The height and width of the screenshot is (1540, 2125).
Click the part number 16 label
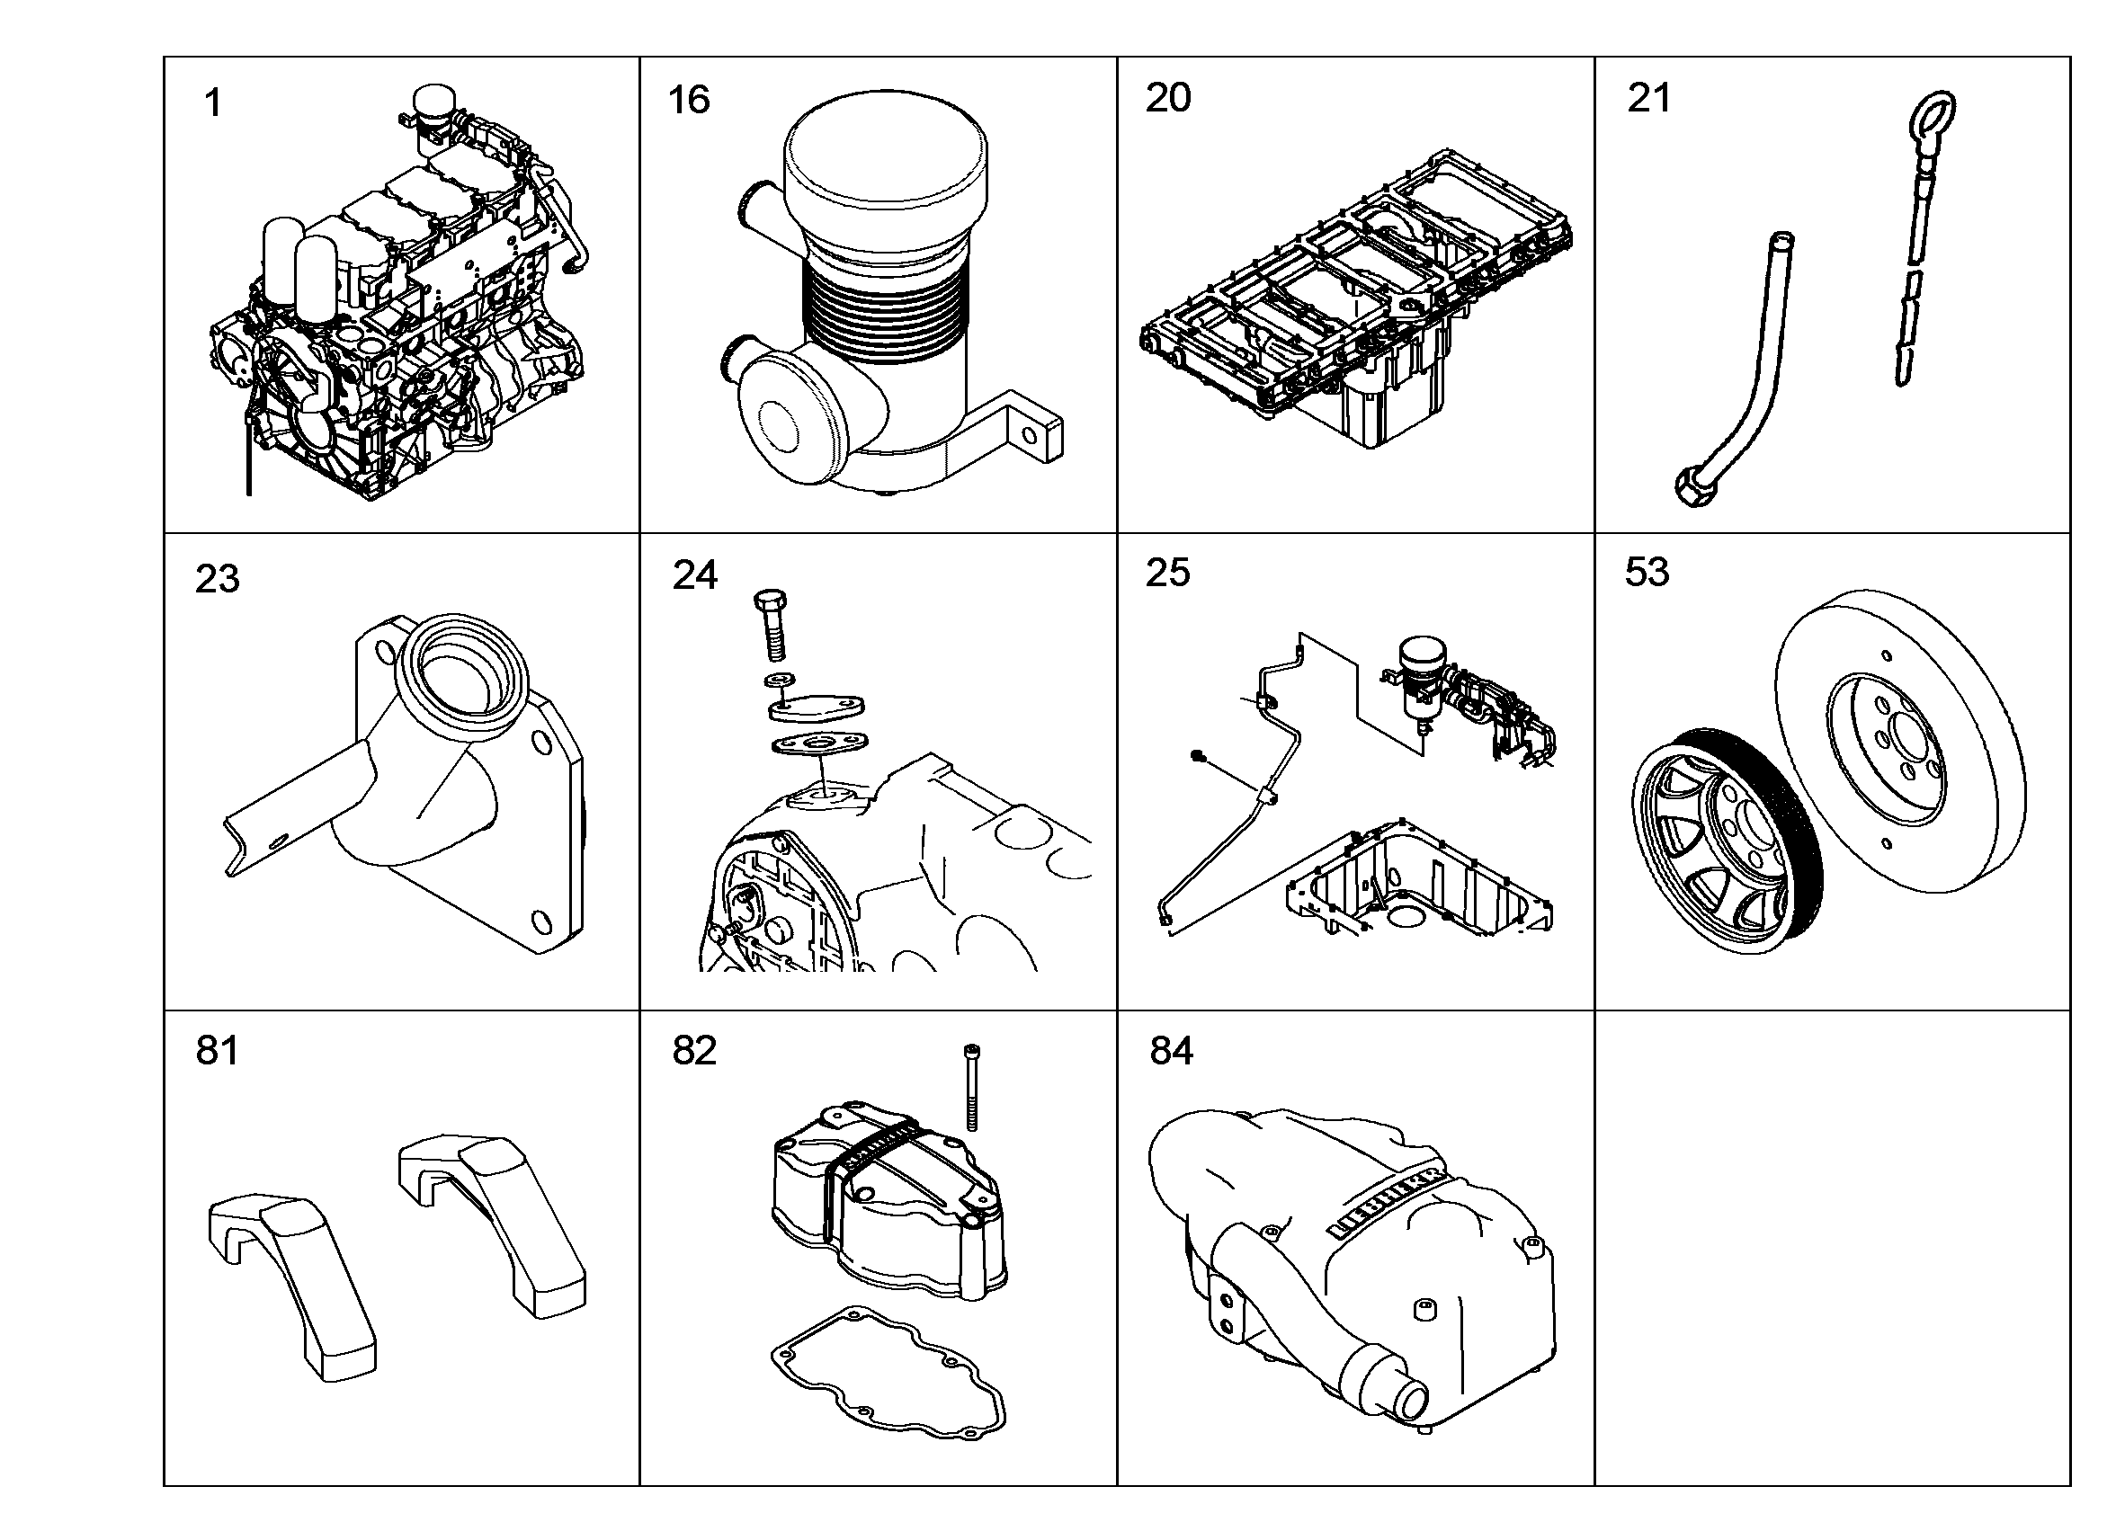pos(689,100)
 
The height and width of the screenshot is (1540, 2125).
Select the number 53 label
pos(1647,572)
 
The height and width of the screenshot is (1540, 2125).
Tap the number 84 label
pos(1171,1051)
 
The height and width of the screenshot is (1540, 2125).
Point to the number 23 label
pos(218,579)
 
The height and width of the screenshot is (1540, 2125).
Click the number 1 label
pos(214,103)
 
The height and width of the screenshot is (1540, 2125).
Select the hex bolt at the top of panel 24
pos(770,625)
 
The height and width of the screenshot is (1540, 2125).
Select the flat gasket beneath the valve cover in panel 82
pos(888,1369)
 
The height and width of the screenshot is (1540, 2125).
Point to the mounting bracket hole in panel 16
pos(1029,437)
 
